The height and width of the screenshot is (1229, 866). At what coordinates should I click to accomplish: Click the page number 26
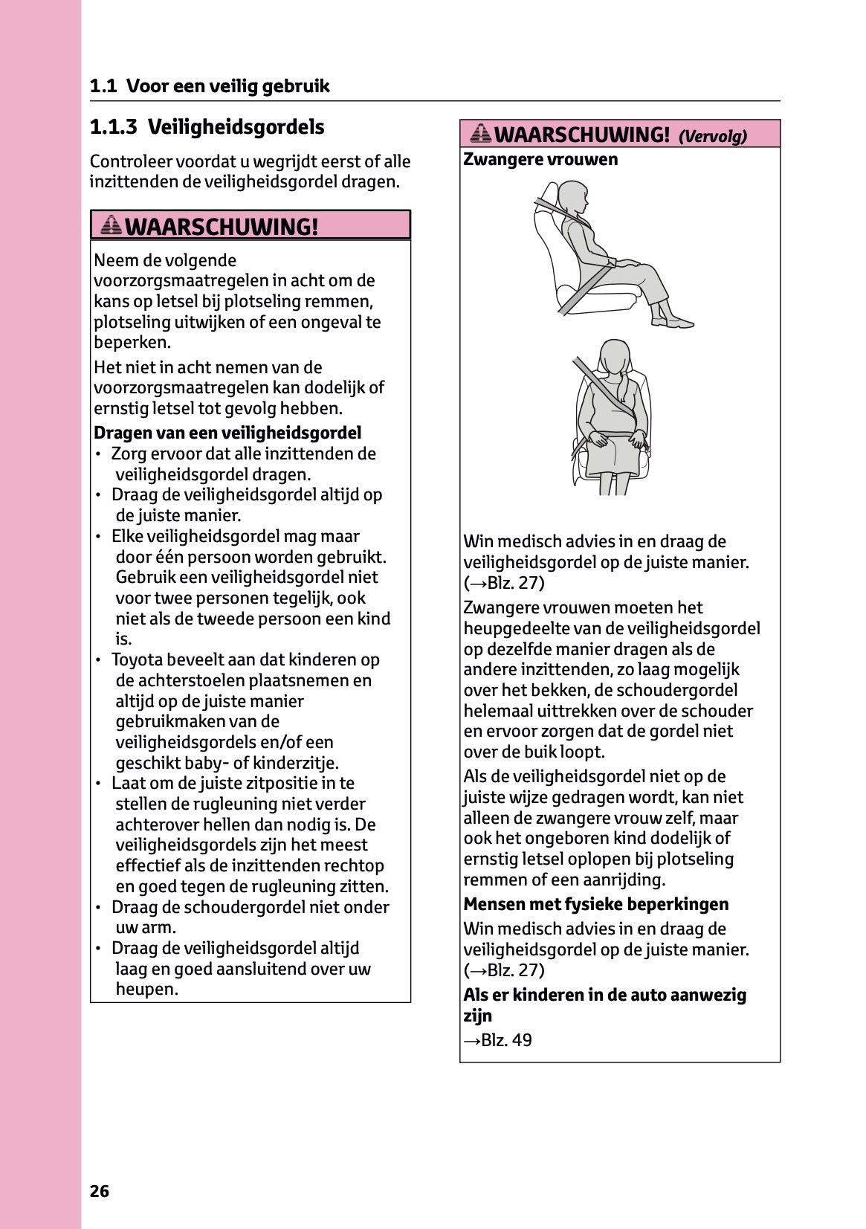99,1191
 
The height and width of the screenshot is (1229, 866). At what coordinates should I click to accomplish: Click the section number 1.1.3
113,127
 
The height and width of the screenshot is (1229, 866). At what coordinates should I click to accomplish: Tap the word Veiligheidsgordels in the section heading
236,127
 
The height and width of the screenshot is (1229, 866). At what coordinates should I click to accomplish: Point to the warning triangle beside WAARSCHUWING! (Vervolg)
481,134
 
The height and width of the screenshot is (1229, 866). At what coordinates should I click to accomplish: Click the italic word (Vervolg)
712,136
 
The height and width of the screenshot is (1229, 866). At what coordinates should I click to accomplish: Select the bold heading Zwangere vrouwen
540,159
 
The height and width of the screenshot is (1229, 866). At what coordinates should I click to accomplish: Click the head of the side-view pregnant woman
573,196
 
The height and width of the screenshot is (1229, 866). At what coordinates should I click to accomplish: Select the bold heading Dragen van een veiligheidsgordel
227,433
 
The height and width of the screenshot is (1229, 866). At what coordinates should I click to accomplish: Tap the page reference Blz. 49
506,1039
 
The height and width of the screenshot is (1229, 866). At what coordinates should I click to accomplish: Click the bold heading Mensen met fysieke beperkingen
595,904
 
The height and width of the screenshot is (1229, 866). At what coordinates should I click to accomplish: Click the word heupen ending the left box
146,989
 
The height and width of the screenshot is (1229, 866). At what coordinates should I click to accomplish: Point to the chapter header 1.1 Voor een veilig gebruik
210,86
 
